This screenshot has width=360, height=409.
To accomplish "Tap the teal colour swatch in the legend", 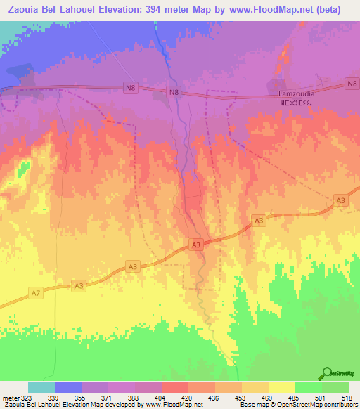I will (41, 387).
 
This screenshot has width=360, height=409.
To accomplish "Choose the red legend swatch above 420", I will (174, 387).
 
